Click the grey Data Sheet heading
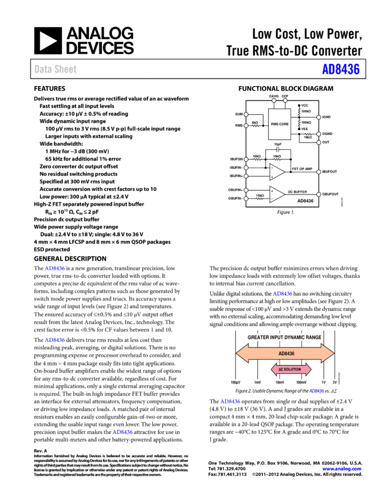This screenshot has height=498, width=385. coord(55,69)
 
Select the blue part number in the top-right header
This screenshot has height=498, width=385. coord(340,69)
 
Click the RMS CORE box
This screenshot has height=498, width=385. coord(280,124)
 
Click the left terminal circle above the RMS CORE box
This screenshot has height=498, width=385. coord(274,100)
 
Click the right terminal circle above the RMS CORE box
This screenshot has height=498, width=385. coord(285,100)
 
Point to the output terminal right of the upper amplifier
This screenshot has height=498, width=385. coord(319,172)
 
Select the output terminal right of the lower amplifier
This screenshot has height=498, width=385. coord(319,195)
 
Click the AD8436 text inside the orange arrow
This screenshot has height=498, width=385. coord(286,353)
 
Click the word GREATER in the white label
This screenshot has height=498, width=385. coord(258,337)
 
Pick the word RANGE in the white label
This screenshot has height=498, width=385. coord(314,337)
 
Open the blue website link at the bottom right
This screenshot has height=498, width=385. coord(342,469)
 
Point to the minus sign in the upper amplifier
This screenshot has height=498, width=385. coord(272,168)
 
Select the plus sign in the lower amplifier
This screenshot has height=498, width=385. coord(272,191)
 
